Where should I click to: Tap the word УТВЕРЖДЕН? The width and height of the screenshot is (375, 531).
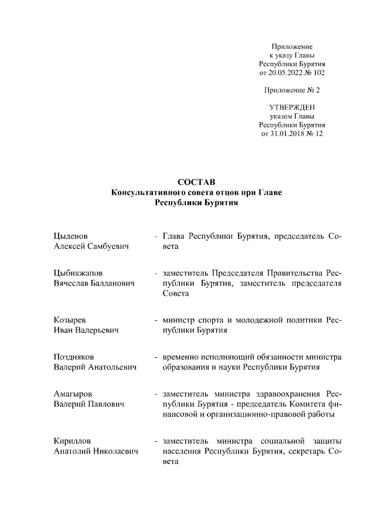tap(292, 107)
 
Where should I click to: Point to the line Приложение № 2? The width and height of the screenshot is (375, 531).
tap(292, 90)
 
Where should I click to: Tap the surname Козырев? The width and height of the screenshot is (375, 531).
tap(70, 320)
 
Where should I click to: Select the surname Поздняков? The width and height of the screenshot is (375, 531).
tap(74, 357)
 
